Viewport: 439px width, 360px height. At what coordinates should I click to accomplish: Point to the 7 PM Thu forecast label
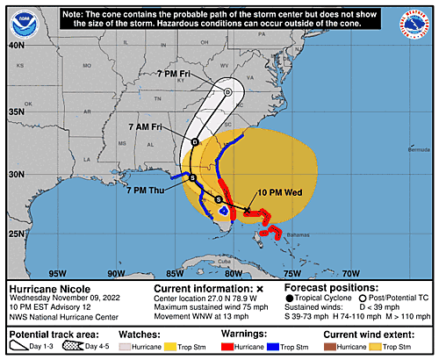[148, 188]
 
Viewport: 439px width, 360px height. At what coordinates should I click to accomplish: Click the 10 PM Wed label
[283, 192]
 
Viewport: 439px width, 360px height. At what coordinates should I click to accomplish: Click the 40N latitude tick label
[17, 45]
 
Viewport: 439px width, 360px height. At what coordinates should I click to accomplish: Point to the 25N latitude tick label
[17, 233]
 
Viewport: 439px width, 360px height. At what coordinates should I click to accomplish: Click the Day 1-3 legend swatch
[18, 347]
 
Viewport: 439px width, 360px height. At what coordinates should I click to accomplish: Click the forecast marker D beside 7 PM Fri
[227, 91]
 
